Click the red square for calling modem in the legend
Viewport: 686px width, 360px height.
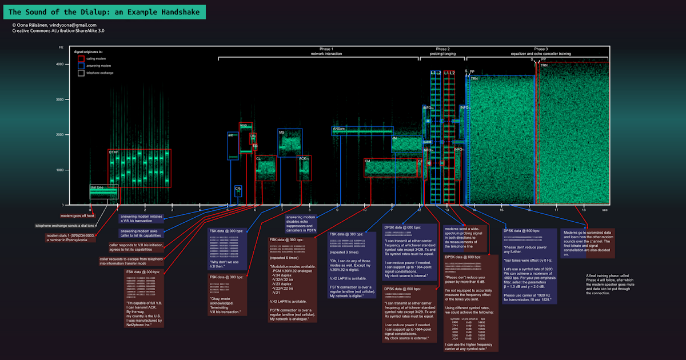[x=81, y=58]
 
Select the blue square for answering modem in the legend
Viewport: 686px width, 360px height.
[x=81, y=66]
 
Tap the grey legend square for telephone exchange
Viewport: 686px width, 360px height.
[x=81, y=73]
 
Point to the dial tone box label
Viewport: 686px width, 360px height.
[x=97, y=187]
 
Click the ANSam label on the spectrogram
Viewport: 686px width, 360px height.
[x=339, y=129]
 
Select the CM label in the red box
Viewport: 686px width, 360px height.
[x=369, y=161]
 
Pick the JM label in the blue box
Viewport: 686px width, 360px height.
[x=394, y=138]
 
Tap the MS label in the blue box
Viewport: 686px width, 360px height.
[x=281, y=132]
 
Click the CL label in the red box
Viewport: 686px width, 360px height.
[x=258, y=158]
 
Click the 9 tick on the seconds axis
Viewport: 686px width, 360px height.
[x=337, y=210]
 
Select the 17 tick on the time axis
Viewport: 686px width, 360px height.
[x=556, y=210]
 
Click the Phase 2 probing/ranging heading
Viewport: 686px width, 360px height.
[x=442, y=51]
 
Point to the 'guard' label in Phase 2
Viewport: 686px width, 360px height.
[x=426, y=141]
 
